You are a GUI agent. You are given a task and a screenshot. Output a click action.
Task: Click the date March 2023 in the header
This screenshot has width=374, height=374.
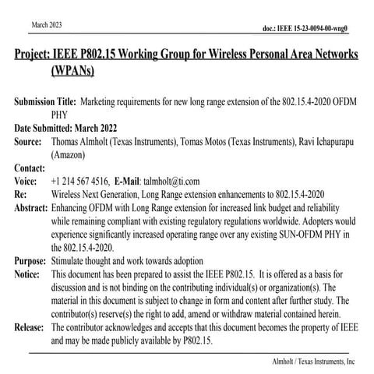pos(48,26)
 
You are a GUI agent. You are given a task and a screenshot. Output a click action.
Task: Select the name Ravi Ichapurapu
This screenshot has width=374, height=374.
pos(322,143)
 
